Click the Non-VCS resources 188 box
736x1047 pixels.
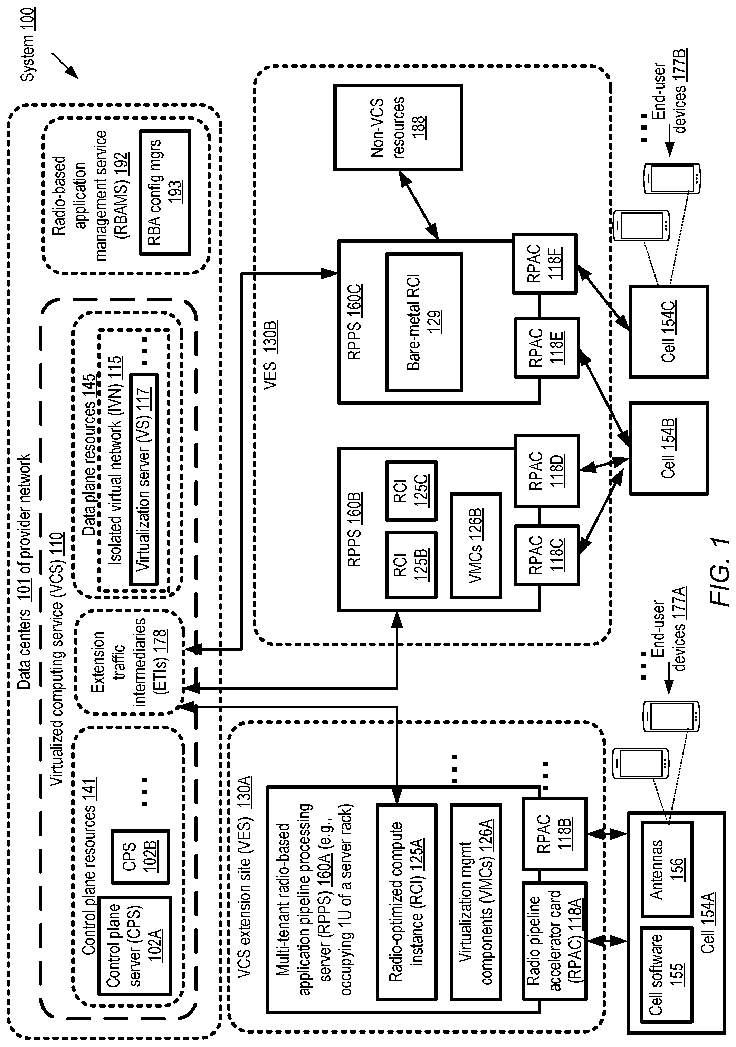398,127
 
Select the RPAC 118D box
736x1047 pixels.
547,470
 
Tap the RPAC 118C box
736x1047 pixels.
547,555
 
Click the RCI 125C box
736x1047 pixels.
411,491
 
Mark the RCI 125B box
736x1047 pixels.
411,564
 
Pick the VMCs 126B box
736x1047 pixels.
475,545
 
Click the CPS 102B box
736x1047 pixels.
140,857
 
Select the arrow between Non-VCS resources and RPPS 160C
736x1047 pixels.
418,205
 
